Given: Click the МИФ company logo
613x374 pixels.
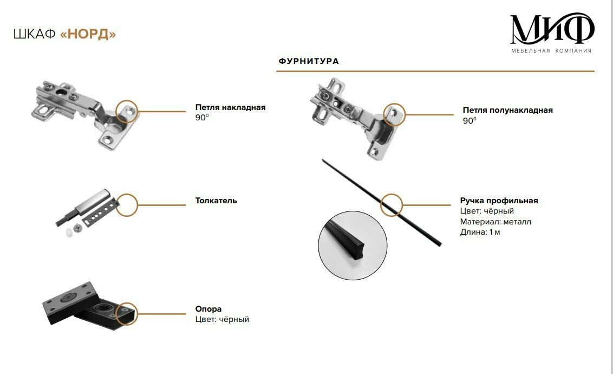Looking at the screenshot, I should click(x=552, y=29).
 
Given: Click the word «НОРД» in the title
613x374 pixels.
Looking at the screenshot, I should click(x=88, y=35).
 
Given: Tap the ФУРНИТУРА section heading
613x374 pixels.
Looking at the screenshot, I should click(x=309, y=61).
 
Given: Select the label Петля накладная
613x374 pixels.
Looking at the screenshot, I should click(x=230, y=107).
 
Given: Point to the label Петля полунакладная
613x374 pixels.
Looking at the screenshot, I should click(x=507, y=110).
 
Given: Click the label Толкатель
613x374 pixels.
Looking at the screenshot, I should click(x=216, y=201).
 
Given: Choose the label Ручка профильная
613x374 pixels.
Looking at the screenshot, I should click(x=499, y=201).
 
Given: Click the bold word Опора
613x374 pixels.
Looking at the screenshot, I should click(x=208, y=309).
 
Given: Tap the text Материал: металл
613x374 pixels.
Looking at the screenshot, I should click(x=495, y=222).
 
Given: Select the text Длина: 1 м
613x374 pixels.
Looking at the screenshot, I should click(x=480, y=232).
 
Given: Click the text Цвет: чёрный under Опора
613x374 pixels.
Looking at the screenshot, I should click(x=222, y=319).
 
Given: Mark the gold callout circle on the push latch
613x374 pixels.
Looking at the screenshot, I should click(x=127, y=204).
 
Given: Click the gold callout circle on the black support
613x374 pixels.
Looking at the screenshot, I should click(x=127, y=313).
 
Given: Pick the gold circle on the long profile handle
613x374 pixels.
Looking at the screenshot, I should click(x=392, y=205).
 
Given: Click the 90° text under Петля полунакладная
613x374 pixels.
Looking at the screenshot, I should click(x=469, y=121).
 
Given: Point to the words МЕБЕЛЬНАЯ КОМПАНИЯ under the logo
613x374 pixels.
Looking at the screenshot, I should click(x=551, y=51).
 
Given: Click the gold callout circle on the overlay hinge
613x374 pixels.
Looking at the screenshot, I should click(x=127, y=111).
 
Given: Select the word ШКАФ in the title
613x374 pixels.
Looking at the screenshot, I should click(x=34, y=35).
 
